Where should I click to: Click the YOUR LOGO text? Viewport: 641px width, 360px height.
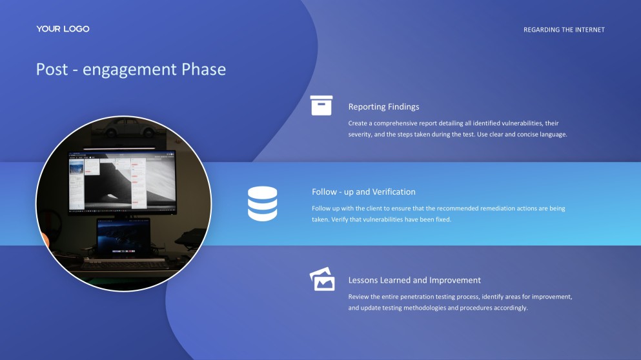[63, 29]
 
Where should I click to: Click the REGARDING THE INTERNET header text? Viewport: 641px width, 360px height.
[564, 30]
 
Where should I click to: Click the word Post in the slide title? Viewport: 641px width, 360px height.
[52, 69]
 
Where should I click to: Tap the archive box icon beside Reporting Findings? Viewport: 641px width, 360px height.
[321, 105]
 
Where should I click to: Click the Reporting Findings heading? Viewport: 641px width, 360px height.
[383, 106]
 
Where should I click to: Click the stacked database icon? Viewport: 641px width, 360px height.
[262, 204]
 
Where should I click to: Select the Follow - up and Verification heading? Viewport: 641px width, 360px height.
[363, 192]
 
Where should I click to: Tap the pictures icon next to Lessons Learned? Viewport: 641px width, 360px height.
[322, 280]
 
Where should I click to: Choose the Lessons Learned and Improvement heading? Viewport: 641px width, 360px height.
[414, 280]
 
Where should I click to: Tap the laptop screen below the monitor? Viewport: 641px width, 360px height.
[123, 235]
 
